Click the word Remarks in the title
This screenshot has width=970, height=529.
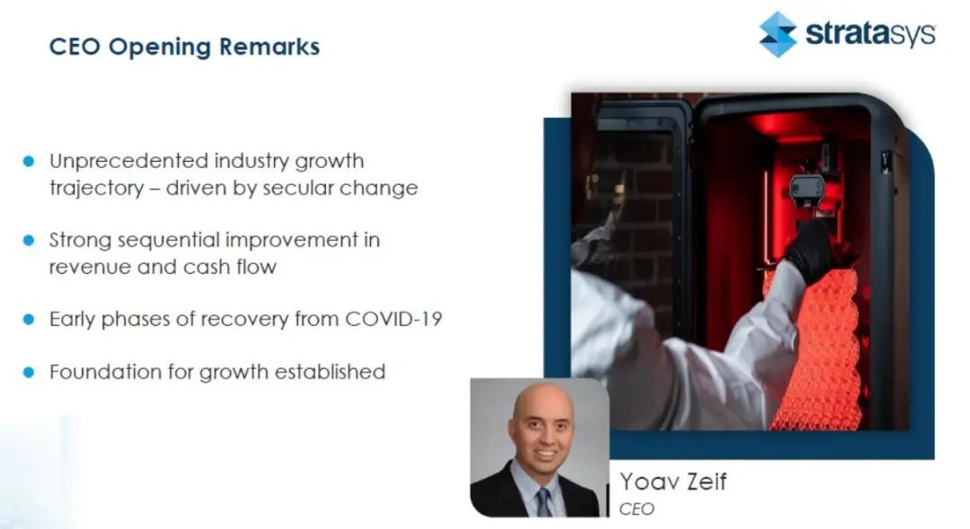(x=269, y=47)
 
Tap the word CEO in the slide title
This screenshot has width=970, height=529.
(x=75, y=47)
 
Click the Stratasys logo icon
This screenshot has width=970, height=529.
(x=778, y=35)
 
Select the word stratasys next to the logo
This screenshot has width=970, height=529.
(x=870, y=33)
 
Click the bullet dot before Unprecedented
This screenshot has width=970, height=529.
(x=29, y=161)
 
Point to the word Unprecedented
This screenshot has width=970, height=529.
(x=128, y=161)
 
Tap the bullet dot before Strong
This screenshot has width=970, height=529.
(x=29, y=240)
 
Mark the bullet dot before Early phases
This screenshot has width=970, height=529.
(x=29, y=319)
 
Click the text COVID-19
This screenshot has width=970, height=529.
(x=393, y=319)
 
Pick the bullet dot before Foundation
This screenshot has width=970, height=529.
(x=29, y=372)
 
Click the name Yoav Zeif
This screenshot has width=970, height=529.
(x=673, y=481)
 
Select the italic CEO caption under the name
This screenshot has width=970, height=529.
(x=637, y=508)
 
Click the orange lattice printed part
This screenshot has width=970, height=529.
(x=814, y=349)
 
